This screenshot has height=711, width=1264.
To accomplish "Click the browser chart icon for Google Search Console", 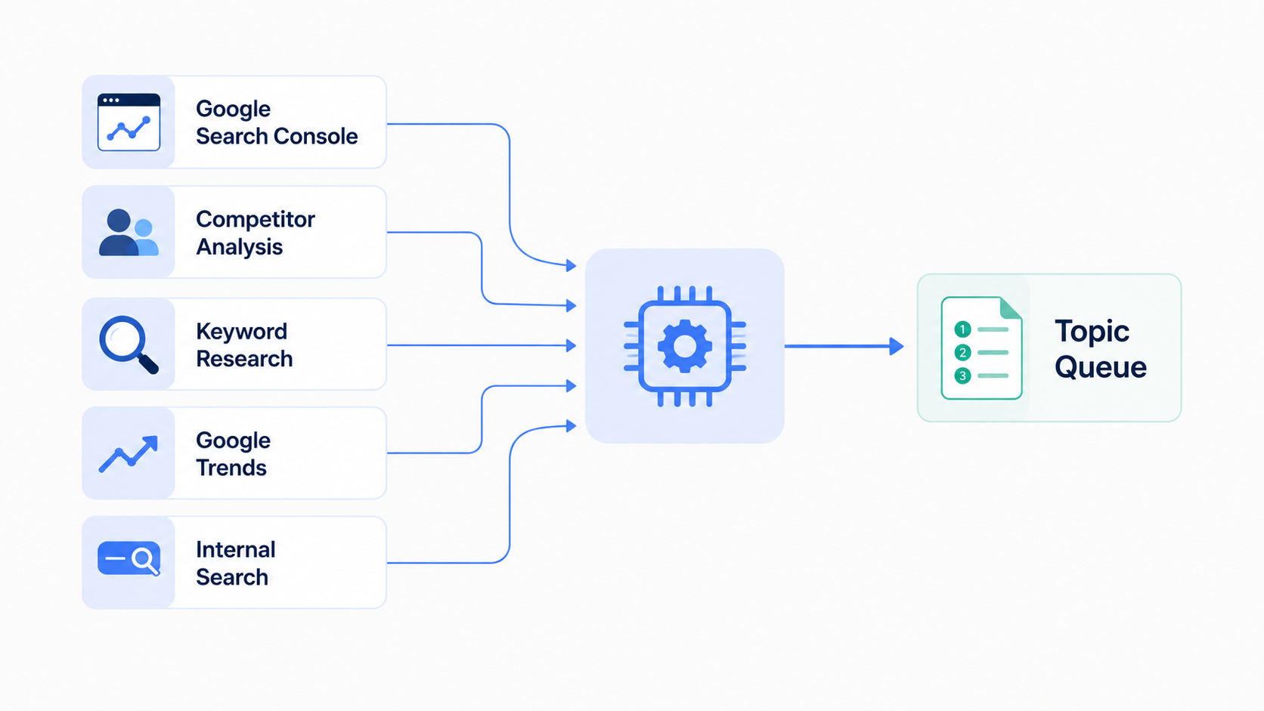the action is pyautogui.click(x=129, y=122).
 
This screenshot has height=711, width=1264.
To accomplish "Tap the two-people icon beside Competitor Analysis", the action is pyautogui.click(x=129, y=232).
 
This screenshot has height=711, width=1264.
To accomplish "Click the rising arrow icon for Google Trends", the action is pyautogui.click(x=129, y=454).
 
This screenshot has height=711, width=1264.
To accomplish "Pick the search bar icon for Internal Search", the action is pyautogui.click(x=129, y=559).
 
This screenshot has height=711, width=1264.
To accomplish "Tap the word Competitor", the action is pyautogui.click(x=255, y=219).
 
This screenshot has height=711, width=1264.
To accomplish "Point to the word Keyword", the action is pyautogui.click(x=241, y=332).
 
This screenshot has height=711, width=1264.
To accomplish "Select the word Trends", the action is pyautogui.click(x=231, y=468).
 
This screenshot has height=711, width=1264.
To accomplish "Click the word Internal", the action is pyautogui.click(x=236, y=550).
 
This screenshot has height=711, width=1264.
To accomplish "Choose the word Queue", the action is pyautogui.click(x=1101, y=368).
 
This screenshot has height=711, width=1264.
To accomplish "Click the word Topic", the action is pyautogui.click(x=1092, y=332).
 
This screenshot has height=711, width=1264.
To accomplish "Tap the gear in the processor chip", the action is pyautogui.click(x=685, y=346).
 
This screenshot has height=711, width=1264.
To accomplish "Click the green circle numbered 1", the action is pyautogui.click(x=962, y=329).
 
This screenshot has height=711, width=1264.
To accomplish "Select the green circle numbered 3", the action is pyautogui.click(x=962, y=376).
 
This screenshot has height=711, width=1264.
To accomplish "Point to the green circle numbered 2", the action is pyautogui.click(x=962, y=352).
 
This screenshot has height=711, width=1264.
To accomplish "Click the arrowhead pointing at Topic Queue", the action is pyautogui.click(x=897, y=346).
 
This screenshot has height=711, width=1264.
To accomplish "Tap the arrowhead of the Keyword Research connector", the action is pyautogui.click(x=572, y=345).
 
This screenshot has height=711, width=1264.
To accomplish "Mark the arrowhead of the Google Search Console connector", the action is pyautogui.click(x=572, y=265).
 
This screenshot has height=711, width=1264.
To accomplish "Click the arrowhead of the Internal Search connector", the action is pyautogui.click(x=572, y=425).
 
